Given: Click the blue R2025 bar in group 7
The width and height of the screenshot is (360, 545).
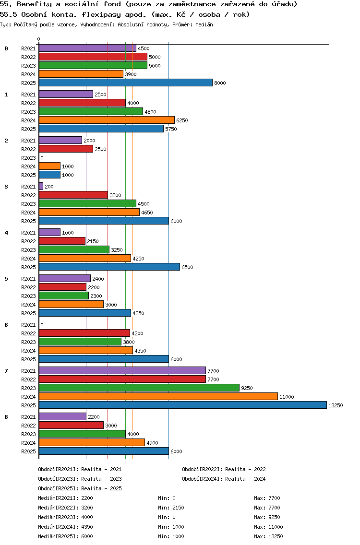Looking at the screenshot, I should (182, 405).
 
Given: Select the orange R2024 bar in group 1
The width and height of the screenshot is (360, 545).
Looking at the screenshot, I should (107, 120).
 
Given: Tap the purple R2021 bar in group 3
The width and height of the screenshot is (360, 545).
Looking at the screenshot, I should (41, 187).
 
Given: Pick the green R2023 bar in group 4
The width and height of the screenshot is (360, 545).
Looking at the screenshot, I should (74, 250).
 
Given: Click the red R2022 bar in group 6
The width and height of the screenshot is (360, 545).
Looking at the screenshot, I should (84, 333).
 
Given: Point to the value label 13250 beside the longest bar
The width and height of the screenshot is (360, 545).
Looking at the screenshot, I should (335, 405).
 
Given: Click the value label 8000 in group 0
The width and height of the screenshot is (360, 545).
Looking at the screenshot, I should (220, 83).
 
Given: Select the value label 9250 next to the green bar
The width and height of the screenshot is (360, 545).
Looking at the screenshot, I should (247, 388).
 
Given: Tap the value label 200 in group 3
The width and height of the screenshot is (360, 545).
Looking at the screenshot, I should (49, 187).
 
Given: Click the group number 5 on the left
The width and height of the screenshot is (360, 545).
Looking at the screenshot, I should (6, 279).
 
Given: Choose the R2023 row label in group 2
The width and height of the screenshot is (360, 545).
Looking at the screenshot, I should (28, 158).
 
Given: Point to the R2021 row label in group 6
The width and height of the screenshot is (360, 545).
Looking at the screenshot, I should (28, 325).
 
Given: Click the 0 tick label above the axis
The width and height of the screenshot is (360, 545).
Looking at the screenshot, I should (39, 39).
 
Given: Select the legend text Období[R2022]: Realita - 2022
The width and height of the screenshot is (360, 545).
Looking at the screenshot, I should (224, 469).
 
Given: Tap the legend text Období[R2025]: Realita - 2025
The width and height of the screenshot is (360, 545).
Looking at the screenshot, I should (80, 488).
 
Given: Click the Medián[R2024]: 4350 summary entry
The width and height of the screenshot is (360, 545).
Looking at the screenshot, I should (65, 527).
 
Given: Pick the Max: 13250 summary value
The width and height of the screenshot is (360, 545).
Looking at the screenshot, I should (268, 536).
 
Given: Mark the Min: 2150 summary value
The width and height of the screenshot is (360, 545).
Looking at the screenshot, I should (171, 508).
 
